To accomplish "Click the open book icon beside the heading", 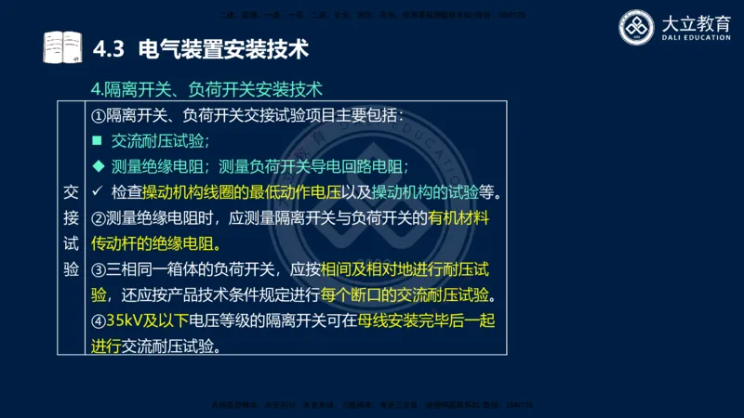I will pos(62,47).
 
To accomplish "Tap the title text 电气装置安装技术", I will pos(222,47).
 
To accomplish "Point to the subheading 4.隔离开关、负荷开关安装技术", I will pos(206,90).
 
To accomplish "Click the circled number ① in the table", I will pos(100,116).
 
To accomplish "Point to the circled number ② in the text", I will pos(100,219).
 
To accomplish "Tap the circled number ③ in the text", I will pos(100,270).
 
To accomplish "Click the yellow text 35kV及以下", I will pos(147,321).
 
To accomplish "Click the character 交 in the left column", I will pos(72,192).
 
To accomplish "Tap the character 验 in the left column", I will pos(72,268).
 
